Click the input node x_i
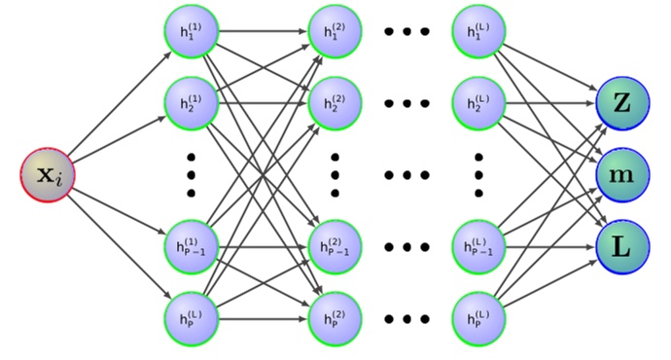(47, 175)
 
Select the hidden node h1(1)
(191, 31)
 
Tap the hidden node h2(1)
(191, 101)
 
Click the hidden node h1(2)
(335, 31)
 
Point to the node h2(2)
(335, 101)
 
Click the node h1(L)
(478, 31)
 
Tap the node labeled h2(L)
(478, 101)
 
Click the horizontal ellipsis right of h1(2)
(406, 31)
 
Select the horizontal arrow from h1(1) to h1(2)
(263, 31)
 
